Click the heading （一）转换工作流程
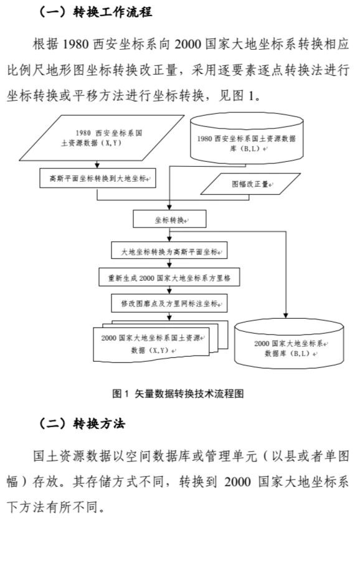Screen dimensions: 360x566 [95, 12]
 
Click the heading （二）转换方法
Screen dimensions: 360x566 [82, 423]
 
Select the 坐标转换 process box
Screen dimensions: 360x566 [169, 219]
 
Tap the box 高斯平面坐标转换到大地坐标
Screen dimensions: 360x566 [98, 178]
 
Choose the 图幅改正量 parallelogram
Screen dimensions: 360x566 [250, 184]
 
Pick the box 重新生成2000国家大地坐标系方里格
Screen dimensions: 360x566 [169, 277]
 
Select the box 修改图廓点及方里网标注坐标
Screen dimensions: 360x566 [169, 303]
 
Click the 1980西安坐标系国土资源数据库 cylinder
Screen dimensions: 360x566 [247, 138]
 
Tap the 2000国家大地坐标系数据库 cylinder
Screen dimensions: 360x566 [289, 344]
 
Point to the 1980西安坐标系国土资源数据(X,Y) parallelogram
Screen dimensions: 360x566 [102, 138]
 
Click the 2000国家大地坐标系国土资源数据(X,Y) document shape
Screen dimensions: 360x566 [161, 341]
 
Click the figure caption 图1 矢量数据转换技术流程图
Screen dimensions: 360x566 [178, 394]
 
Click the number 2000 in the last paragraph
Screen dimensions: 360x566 [237, 482]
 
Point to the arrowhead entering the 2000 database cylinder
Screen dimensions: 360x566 [286, 316]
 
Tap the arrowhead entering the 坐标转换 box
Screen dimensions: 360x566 [169, 208]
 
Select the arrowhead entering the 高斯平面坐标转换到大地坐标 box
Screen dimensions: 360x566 [97, 166]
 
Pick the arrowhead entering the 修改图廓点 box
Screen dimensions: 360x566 [169, 291]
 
